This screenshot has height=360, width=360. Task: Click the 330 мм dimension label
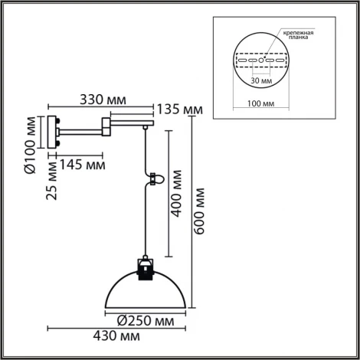tap(103, 99)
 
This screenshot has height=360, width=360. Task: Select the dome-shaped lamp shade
tap(144, 291)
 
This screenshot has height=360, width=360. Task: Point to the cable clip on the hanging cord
tap(153, 178)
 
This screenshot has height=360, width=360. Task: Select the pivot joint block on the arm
tap(105, 124)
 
